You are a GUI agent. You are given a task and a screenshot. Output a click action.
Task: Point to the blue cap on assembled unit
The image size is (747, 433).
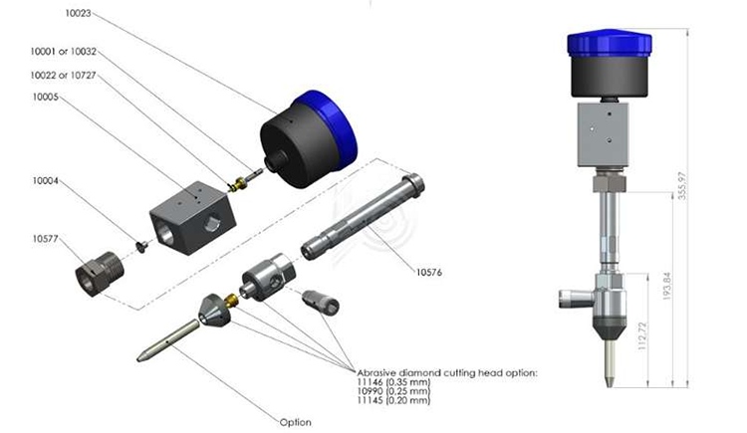[x=608, y=43]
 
